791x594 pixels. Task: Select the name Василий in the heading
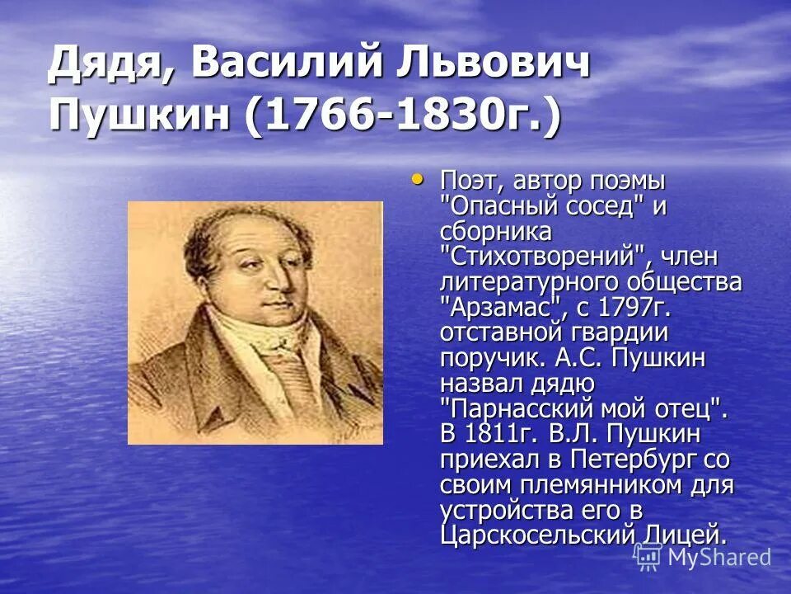coord(270,64)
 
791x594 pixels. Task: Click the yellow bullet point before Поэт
coord(417,177)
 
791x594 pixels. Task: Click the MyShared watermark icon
coord(648,556)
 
